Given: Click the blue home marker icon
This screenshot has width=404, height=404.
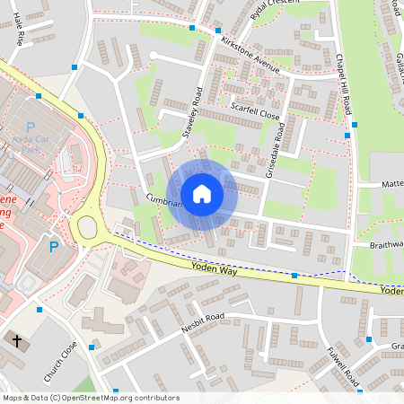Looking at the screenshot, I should [202, 194].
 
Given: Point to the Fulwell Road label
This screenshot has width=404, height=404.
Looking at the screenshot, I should [343, 368].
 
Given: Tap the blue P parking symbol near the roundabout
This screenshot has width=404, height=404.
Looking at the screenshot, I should [53, 247].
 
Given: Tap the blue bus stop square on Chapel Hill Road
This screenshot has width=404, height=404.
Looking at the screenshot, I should [355, 125].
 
